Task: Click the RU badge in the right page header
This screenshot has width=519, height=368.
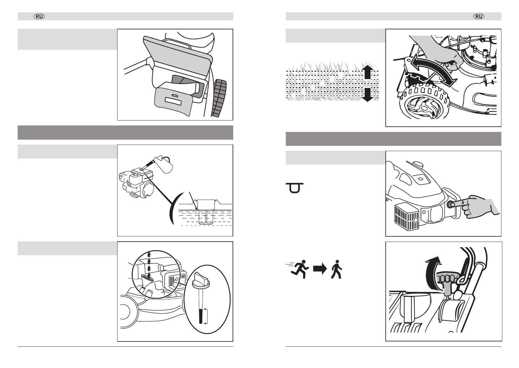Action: (479, 17)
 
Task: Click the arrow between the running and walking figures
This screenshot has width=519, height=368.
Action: (320, 269)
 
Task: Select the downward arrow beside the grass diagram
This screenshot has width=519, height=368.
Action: (368, 95)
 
